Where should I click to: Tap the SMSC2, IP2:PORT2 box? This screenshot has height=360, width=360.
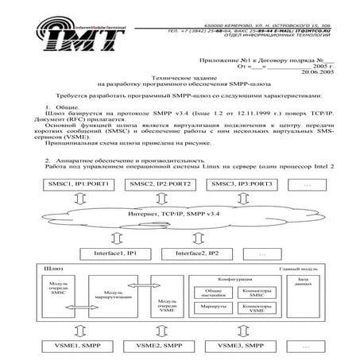coord(155,184)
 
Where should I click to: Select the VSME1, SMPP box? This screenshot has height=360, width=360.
coord(70,346)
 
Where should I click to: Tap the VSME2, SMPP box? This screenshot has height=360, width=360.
coord(153,346)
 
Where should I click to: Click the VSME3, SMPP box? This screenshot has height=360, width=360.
coord(237,346)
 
